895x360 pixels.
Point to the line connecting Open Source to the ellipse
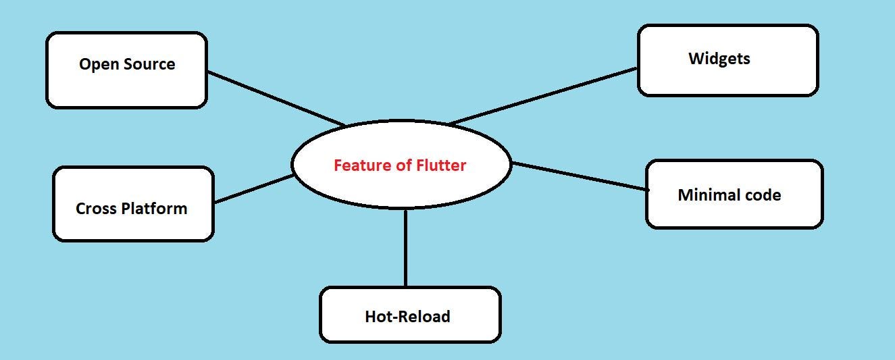pos(276,99)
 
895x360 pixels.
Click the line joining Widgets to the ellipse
pos(544,96)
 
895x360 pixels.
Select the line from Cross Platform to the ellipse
pos(253,189)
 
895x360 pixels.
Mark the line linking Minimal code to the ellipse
pos(580,176)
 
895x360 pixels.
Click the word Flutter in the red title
pos(441,165)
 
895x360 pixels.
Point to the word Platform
pos(155,208)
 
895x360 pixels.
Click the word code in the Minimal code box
pos(761,195)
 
